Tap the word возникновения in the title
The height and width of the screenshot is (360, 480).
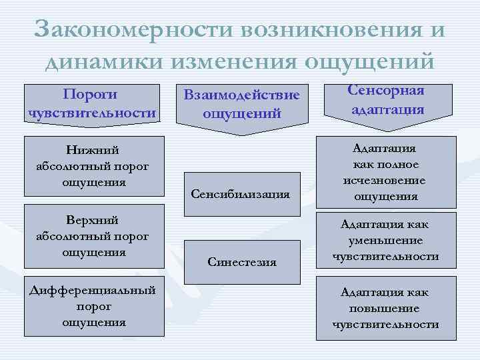(329, 30)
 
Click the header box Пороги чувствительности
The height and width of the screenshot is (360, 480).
(91, 103)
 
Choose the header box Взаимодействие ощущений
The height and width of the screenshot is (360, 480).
(241, 105)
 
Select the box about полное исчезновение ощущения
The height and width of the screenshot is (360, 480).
(386, 172)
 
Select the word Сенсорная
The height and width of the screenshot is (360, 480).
(386, 91)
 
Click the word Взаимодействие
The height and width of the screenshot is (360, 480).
(241, 97)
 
